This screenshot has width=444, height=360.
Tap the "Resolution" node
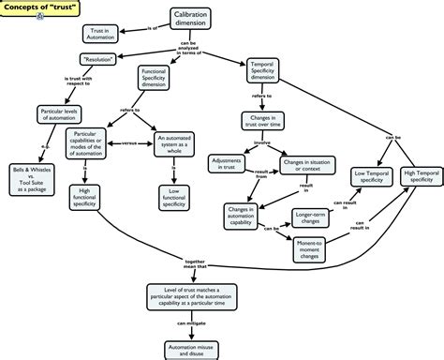[x=97, y=59]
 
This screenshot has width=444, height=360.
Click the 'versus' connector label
[x=129, y=143]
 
